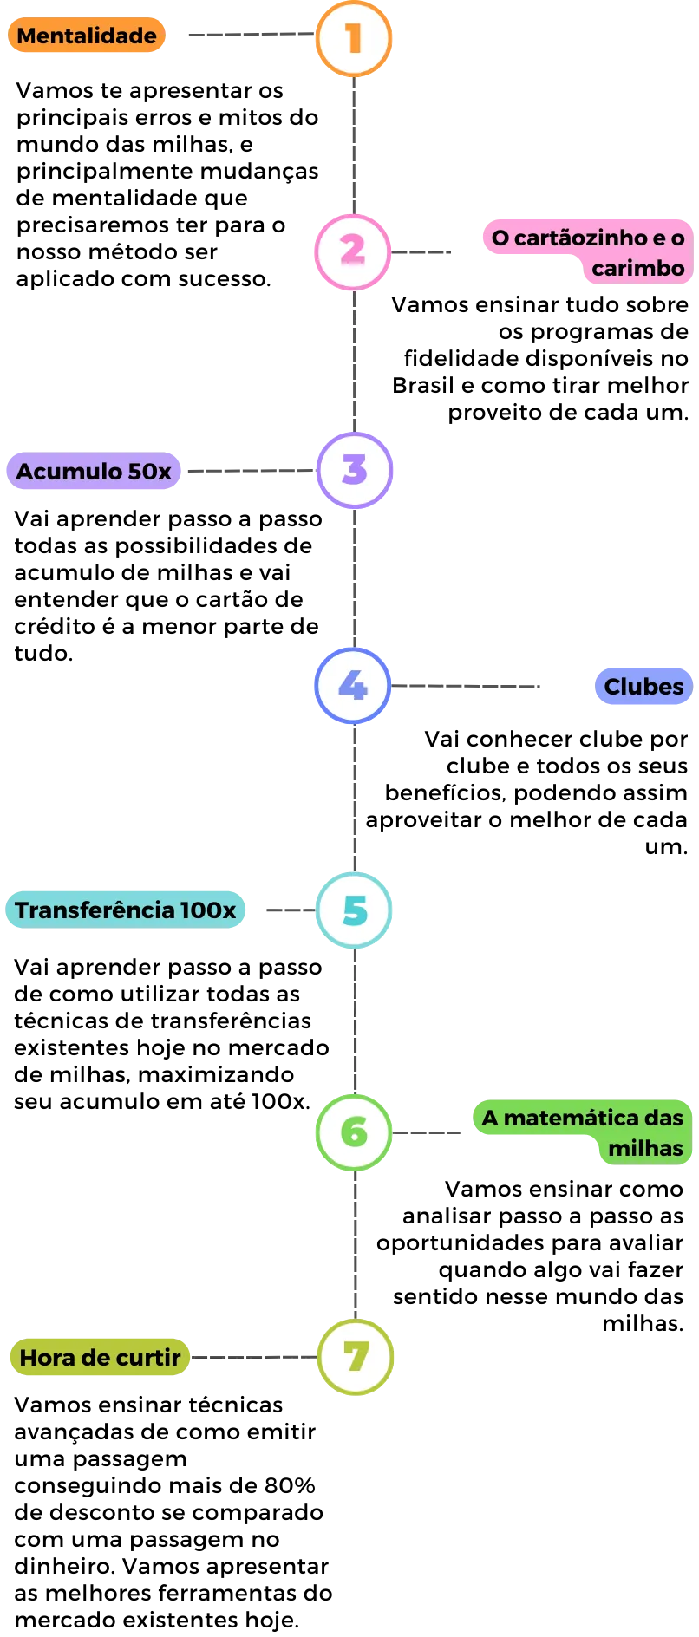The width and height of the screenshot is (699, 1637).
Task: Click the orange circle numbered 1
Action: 353,38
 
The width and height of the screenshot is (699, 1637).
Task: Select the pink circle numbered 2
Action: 352,251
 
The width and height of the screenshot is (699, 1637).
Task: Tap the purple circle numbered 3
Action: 354,470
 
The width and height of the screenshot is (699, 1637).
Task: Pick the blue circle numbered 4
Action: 352,686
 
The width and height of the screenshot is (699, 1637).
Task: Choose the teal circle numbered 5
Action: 354,910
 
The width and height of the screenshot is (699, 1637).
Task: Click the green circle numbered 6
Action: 354,1132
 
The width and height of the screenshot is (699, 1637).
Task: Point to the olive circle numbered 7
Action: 356,1357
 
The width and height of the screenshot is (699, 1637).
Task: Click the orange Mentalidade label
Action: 87,36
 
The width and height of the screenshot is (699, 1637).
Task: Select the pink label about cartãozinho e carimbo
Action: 587,251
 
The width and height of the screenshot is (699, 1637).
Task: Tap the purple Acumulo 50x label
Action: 94,472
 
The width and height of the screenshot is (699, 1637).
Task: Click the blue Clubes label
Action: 643,687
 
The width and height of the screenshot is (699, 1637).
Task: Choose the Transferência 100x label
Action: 126,910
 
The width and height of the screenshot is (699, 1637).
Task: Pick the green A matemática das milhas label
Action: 583,1132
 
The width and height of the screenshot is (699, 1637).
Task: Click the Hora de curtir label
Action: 100,1357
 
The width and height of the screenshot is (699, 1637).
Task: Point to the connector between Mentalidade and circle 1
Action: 250,35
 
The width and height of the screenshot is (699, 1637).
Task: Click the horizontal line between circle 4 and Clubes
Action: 467,687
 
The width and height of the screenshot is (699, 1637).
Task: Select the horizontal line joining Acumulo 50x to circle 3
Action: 250,472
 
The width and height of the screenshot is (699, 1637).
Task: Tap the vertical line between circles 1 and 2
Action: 353,144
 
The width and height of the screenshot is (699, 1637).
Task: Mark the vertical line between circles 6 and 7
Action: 356,1244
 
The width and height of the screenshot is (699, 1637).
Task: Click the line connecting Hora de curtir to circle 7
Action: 253,1356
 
